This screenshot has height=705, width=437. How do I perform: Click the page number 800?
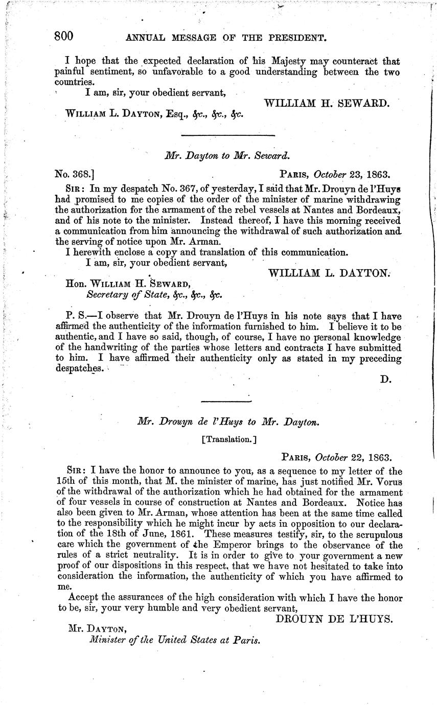[64, 36]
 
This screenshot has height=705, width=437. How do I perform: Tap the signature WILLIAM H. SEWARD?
[327, 102]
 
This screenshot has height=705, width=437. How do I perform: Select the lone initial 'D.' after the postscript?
[386, 380]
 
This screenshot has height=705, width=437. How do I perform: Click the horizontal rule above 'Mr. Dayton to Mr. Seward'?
[228, 135]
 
